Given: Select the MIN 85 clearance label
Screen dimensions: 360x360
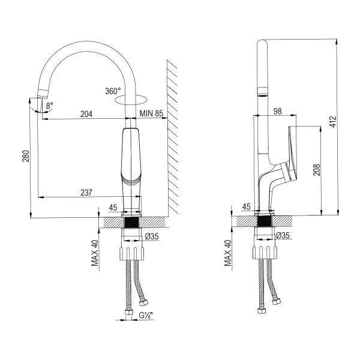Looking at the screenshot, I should (151, 113).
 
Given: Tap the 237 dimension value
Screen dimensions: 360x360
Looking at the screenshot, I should (86, 192).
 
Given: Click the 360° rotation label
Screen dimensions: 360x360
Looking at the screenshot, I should (113, 91).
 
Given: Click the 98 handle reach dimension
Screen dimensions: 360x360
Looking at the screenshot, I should (277, 110).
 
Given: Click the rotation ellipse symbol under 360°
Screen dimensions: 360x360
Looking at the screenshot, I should (133, 101).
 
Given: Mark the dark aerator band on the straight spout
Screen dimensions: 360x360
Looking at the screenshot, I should (262, 92).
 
